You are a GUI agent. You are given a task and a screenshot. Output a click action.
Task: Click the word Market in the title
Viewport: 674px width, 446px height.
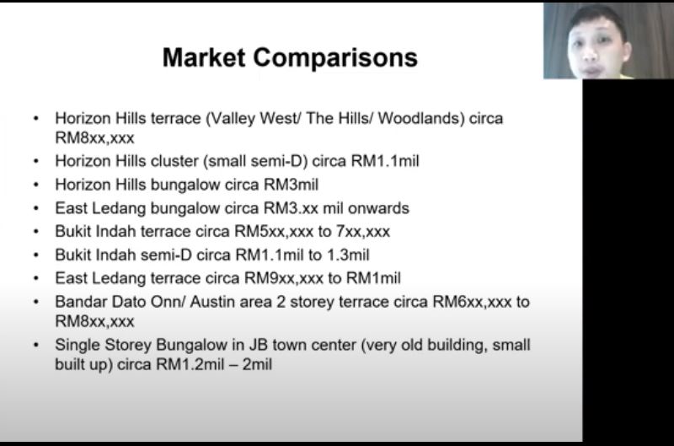point(204,57)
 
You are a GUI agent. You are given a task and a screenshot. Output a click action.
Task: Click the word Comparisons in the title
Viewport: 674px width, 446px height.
point(335,58)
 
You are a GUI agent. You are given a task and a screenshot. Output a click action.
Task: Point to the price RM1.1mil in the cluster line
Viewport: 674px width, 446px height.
point(385,161)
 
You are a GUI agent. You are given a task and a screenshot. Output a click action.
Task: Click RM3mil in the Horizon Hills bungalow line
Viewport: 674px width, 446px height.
point(291,185)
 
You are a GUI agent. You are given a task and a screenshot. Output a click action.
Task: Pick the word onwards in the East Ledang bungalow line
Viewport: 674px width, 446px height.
point(378,208)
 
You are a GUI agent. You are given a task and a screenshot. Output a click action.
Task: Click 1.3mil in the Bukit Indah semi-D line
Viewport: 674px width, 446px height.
point(348,255)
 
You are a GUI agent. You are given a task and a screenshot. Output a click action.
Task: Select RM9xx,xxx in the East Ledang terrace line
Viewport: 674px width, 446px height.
point(284,278)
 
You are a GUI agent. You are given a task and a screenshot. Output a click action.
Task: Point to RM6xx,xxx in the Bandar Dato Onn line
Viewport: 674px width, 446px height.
point(472,302)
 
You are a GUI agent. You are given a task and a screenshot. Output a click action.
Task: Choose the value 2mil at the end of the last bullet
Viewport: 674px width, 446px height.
point(257,365)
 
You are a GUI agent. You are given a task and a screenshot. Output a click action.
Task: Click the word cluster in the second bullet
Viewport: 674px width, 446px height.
point(174,161)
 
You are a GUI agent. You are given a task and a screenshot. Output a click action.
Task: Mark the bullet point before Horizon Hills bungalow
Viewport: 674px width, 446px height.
point(36,185)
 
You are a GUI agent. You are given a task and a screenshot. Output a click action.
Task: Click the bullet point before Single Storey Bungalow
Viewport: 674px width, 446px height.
point(36,345)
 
